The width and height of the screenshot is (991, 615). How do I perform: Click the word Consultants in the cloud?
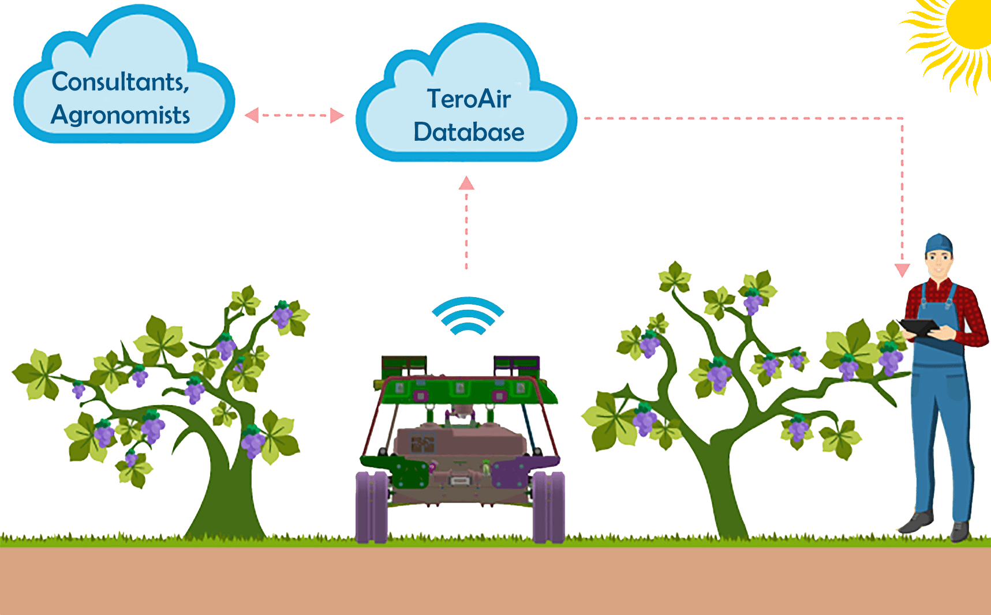120,82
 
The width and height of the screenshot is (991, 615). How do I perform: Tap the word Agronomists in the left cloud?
120,115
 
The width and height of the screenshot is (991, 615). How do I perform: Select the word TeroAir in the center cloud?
469,99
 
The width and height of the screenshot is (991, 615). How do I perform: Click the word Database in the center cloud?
469,132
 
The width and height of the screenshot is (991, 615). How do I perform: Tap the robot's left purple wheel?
371,507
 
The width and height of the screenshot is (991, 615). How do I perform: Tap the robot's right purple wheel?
548,507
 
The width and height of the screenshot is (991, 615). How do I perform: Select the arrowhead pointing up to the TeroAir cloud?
466,183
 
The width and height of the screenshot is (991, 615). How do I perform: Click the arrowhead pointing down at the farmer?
902,270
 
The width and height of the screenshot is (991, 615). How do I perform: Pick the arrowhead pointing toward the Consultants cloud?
252,115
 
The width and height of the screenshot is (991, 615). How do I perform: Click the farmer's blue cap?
939,242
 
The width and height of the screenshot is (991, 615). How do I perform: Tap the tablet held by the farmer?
921,328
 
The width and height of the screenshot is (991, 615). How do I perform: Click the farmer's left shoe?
917,522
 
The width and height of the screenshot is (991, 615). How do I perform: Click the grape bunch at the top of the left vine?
282,314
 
